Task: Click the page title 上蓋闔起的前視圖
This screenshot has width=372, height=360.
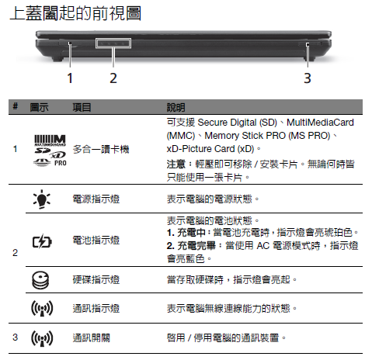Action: pos(75,13)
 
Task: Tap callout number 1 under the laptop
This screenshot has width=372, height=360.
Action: pos(70,78)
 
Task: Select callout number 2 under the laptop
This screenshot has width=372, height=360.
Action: pos(113,78)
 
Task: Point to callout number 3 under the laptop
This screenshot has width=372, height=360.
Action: pos(308,78)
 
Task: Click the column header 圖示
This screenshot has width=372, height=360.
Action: pos(39,107)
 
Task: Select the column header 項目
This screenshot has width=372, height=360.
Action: pos(82,107)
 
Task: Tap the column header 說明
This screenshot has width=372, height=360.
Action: pos(176,107)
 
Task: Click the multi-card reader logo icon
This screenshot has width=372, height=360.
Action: pos(50,151)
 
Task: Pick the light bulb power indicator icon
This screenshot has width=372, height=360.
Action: pos(42,199)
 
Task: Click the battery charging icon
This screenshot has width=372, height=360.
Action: pos(42,241)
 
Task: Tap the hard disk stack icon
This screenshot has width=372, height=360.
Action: pos(40,280)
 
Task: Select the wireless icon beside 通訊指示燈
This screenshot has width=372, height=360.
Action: pos(42,308)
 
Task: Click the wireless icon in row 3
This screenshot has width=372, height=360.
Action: pos(42,338)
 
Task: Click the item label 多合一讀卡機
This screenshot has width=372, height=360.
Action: pos(101,149)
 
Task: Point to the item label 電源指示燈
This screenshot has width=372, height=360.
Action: pos(96,199)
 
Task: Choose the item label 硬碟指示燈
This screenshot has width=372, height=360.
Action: pos(96,280)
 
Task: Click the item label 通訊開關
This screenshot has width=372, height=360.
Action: pos(92,338)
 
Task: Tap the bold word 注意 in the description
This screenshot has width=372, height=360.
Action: pos(176,164)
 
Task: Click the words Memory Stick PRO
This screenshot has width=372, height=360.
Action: pos(245,136)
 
